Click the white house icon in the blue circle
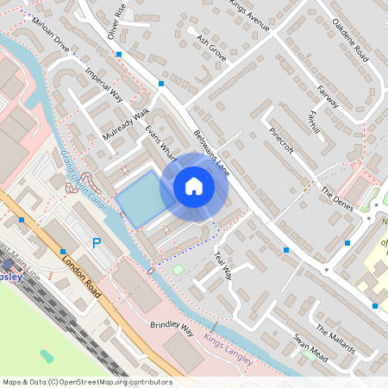coord(194,186)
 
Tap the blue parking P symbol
coord(97,244)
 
